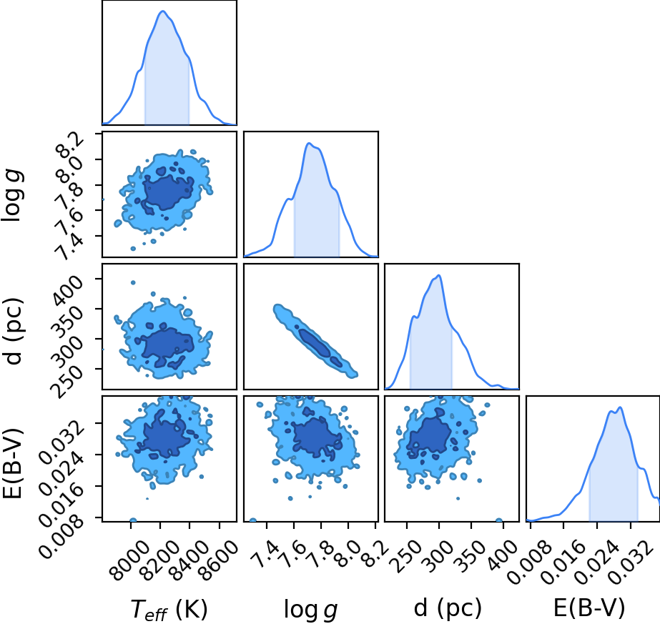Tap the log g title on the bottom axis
coord(311,609)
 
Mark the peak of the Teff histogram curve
coord(163,11)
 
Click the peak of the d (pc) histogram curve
coord(439,276)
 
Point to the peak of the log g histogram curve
coord(309,144)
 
